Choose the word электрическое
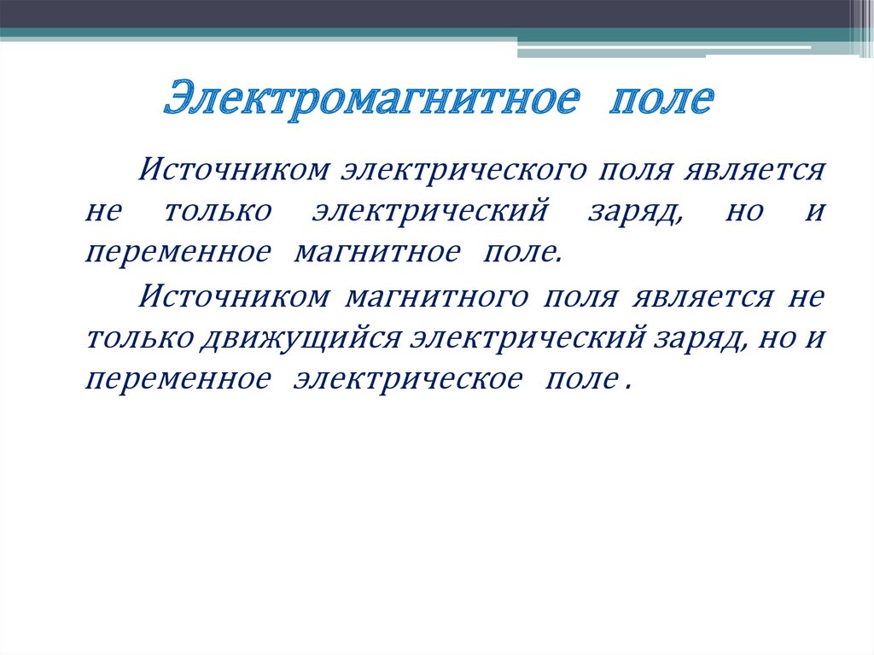(406, 378)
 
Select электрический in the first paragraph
(428, 210)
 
